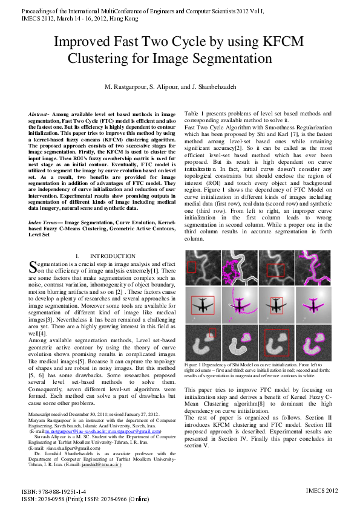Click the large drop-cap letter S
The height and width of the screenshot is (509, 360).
point(33,267)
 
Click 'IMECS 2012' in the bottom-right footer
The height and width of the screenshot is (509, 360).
point(322,491)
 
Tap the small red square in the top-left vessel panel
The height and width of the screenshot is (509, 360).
point(192,267)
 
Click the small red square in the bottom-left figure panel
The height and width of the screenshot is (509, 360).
point(212,332)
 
